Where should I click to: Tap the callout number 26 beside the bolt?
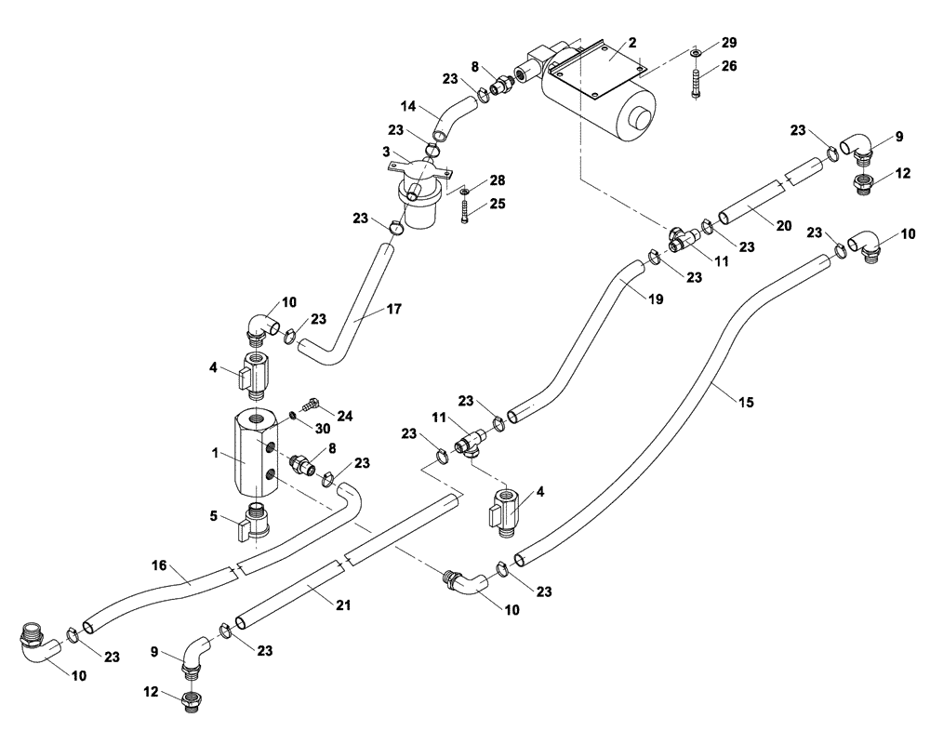point(729,66)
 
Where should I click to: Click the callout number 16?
point(159,564)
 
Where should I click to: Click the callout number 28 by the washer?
point(498,179)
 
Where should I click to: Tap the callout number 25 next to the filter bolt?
point(498,203)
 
